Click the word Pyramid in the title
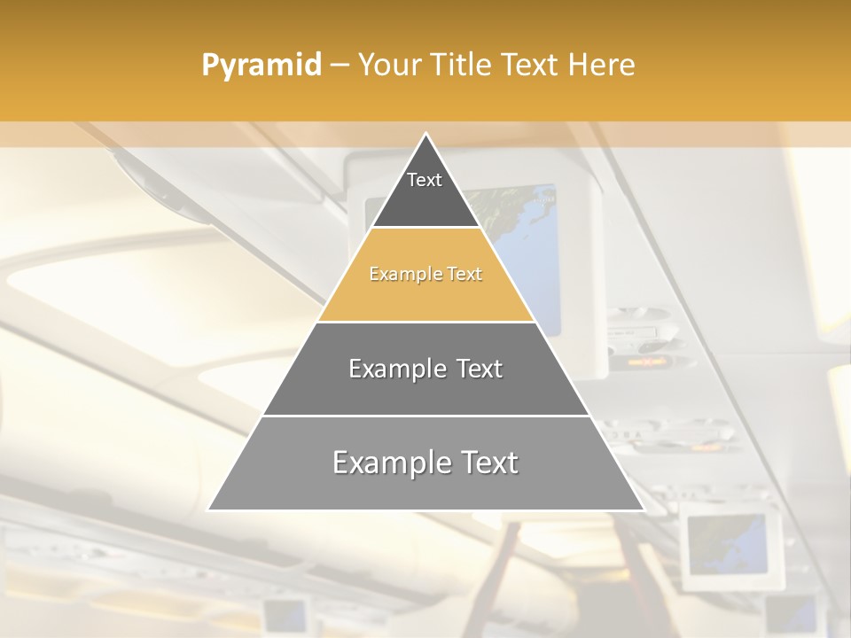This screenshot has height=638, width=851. [x=261, y=66]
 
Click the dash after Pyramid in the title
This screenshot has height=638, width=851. [x=339, y=66]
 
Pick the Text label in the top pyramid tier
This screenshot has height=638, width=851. [x=425, y=180]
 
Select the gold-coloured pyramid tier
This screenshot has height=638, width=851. [x=425, y=292]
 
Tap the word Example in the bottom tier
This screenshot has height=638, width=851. [x=385, y=463]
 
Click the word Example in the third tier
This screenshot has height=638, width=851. [x=387, y=369]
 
